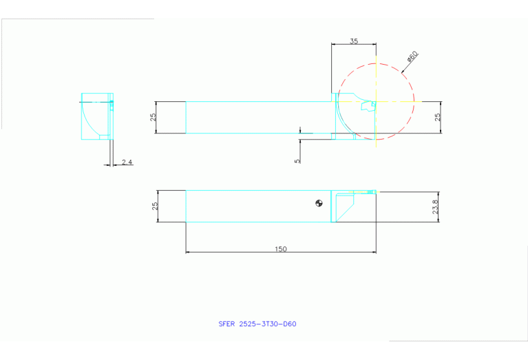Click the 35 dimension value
[x=354, y=41]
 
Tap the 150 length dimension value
[x=281, y=249]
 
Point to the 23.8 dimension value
[x=435, y=207]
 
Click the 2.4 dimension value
[x=127, y=162]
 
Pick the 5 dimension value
[x=297, y=161]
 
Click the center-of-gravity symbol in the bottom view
[x=319, y=203]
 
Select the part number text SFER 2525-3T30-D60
[x=257, y=324]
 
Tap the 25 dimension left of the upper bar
[x=154, y=117]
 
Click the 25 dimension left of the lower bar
[x=155, y=206]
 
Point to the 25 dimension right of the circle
[x=437, y=117]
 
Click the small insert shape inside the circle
[x=368, y=105]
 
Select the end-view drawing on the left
[x=97, y=116]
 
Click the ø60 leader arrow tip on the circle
[x=402, y=72]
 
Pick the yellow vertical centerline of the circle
[x=376, y=101]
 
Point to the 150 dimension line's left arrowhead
[x=187, y=252]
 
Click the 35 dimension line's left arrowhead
[x=333, y=44]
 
